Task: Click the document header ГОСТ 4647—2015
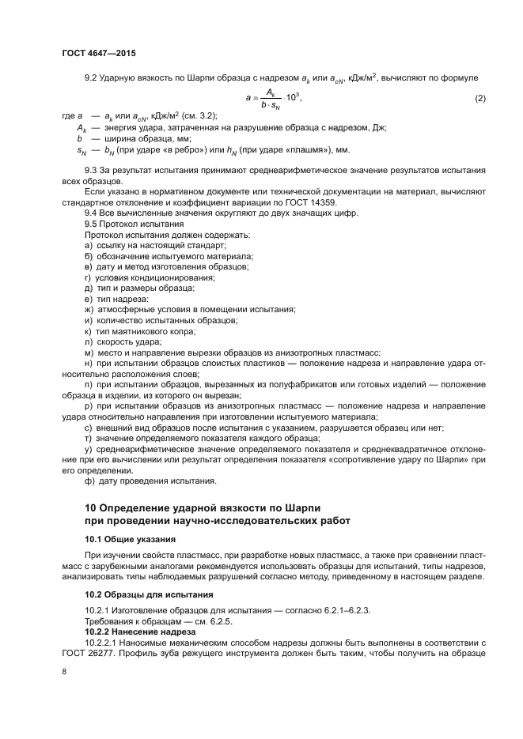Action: (98, 54)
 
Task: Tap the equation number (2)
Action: (479, 98)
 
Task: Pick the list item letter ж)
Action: (89, 310)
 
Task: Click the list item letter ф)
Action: (89, 481)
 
